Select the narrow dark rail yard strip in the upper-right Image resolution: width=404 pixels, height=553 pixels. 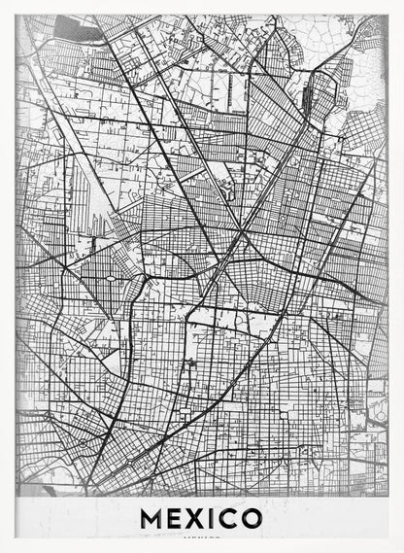310,98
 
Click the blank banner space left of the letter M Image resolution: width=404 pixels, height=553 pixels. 78,518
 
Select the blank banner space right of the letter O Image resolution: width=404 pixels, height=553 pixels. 325,518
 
